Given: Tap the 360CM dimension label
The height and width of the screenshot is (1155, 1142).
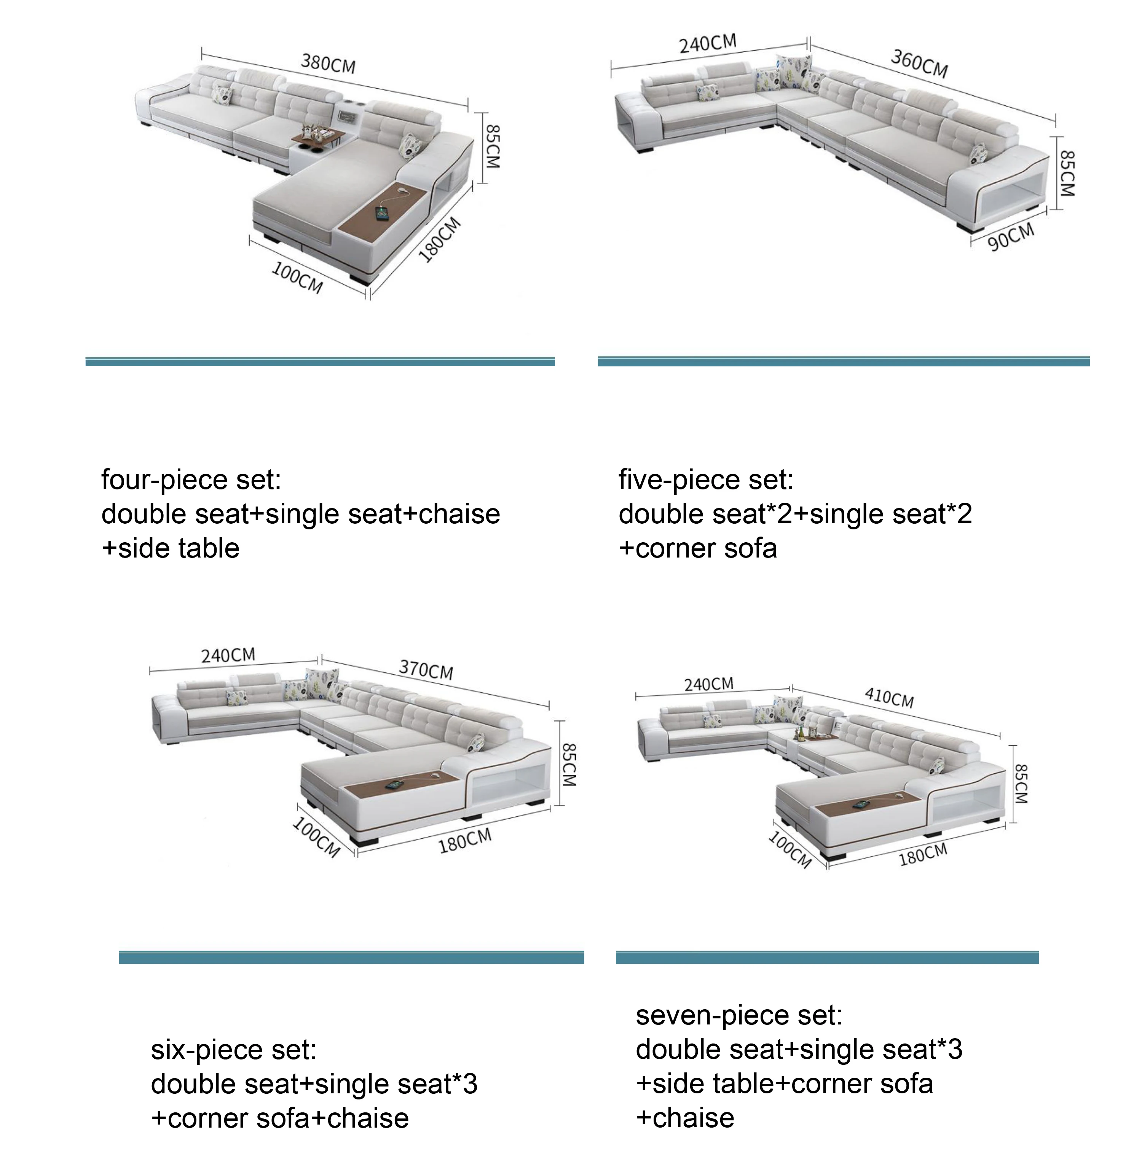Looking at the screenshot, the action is (x=919, y=64).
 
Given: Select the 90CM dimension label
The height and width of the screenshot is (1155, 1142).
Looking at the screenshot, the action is (x=1010, y=237).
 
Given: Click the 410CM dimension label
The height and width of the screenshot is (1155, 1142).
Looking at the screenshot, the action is (x=889, y=697).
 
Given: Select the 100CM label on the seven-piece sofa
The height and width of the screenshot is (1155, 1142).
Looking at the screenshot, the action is (x=789, y=849).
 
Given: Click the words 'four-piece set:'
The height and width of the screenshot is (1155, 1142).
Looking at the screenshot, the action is (x=191, y=480).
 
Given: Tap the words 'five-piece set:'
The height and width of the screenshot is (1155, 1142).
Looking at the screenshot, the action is (x=705, y=480).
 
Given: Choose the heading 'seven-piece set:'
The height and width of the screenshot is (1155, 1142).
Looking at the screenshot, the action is (x=738, y=1015).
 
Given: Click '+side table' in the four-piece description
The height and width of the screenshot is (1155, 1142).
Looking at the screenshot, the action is (x=171, y=548).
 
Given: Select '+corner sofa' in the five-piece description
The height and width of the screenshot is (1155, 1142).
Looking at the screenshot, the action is (x=698, y=548).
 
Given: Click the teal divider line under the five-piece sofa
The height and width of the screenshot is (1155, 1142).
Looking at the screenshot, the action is (x=843, y=361).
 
